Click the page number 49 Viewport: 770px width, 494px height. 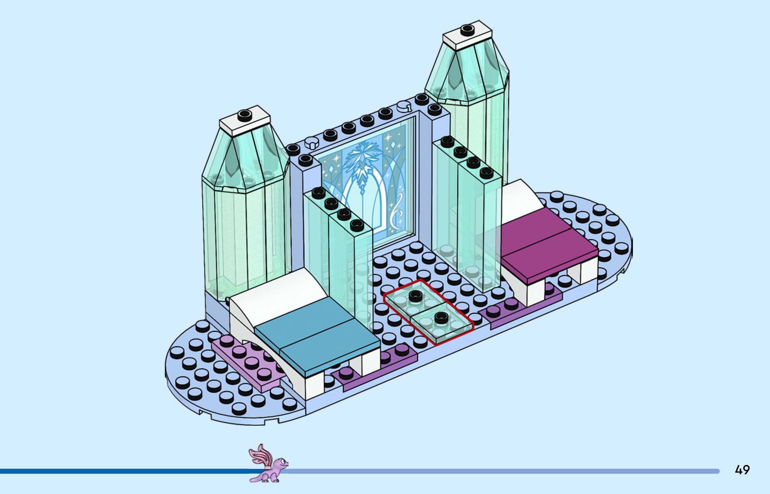tap(742, 470)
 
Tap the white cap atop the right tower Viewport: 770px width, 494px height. tap(467, 35)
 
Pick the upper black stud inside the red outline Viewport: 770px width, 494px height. tap(415, 295)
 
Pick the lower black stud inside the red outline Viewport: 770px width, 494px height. tap(441, 316)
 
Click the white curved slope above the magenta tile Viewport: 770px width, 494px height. tap(520, 197)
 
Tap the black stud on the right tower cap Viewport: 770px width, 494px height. tap(467, 29)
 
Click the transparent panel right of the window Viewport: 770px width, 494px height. tap(468, 214)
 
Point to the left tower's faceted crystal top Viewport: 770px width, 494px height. tap(246, 161)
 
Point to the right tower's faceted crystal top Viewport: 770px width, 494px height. tap(468, 74)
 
